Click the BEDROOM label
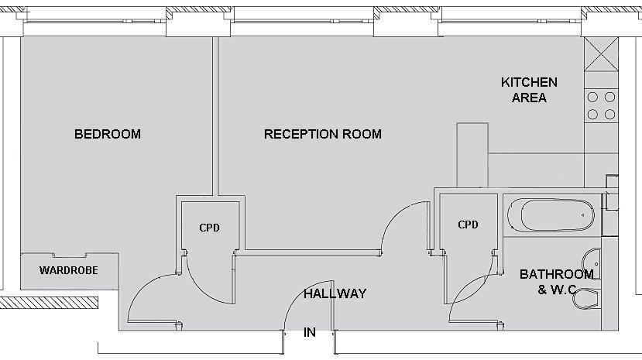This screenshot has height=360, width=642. (108, 134)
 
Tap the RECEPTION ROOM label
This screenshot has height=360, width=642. (322, 134)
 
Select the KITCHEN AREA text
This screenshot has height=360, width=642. (529, 90)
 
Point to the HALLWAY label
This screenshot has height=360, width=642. (335, 293)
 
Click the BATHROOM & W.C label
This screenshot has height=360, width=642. (556, 282)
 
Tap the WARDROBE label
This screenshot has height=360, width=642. (69, 271)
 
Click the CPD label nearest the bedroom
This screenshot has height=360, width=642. (209, 228)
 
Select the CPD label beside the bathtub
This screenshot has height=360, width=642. (468, 225)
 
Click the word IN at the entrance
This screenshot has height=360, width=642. (310, 333)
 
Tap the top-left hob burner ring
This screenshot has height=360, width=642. (594, 98)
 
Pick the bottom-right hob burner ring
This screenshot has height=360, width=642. (610, 114)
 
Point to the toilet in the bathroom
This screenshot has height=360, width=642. (586, 299)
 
